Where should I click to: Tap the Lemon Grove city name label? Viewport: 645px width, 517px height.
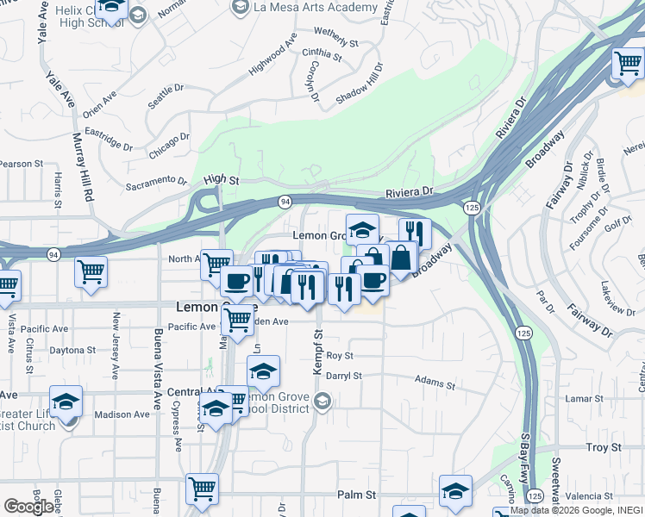click(x=216, y=307)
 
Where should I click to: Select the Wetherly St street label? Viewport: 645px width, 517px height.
click(x=336, y=36)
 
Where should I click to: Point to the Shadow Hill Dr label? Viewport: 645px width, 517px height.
click(x=358, y=84)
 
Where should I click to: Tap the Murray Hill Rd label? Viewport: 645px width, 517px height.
click(x=82, y=166)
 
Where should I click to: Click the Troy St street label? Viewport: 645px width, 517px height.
click(x=604, y=447)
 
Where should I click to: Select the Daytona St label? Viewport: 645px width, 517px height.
click(x=72, y=351)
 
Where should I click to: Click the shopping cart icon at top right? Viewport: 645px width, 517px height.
click(x=627, y=63)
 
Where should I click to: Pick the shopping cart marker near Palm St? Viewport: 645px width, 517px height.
click(x=202, y=489)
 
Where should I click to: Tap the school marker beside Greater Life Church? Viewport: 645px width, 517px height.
click(x=64, y=402)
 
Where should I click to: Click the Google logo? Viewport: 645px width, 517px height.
click(x=29, y=507)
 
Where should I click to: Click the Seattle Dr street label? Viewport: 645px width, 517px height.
click(x=166, y=90)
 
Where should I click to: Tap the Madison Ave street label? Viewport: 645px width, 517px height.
click(x=116, y=414)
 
